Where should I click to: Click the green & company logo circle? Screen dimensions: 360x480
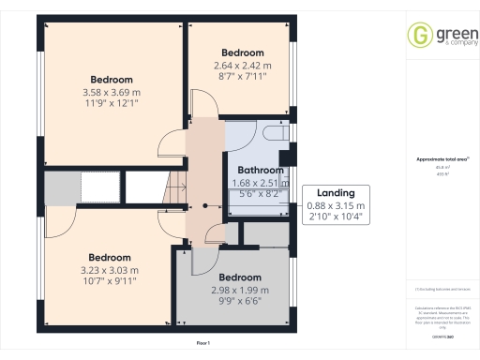(x=418, y=36)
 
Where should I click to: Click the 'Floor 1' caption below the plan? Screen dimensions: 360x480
(x=203, y=344)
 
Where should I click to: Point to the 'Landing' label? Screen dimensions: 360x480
(x=336, y=192)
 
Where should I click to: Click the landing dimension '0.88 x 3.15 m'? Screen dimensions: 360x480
(x=336, y=205)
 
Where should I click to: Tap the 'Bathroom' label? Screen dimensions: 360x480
(x=260, y=171)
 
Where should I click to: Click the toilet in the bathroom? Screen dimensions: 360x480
(x=273, y=133)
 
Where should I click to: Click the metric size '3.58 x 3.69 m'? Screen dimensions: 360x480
(x=112, y=93)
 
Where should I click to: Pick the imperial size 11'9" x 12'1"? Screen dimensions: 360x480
(x=112, y=105)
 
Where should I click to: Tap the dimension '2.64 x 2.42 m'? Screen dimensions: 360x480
(x=242, y=66)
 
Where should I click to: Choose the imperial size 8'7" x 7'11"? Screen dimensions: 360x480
(x=242, y=77)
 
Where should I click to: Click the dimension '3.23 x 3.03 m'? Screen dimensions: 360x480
(x=109, y=270)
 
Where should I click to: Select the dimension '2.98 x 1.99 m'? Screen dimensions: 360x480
(x=240, y=291)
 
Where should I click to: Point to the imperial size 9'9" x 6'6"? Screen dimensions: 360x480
(x=240, y=303)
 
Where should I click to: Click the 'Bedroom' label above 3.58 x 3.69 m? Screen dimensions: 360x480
(x=112, y=79)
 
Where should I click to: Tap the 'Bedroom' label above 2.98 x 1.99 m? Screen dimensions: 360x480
(x=240, y=277)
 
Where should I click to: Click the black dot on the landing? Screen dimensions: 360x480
(x=203, y=205)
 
